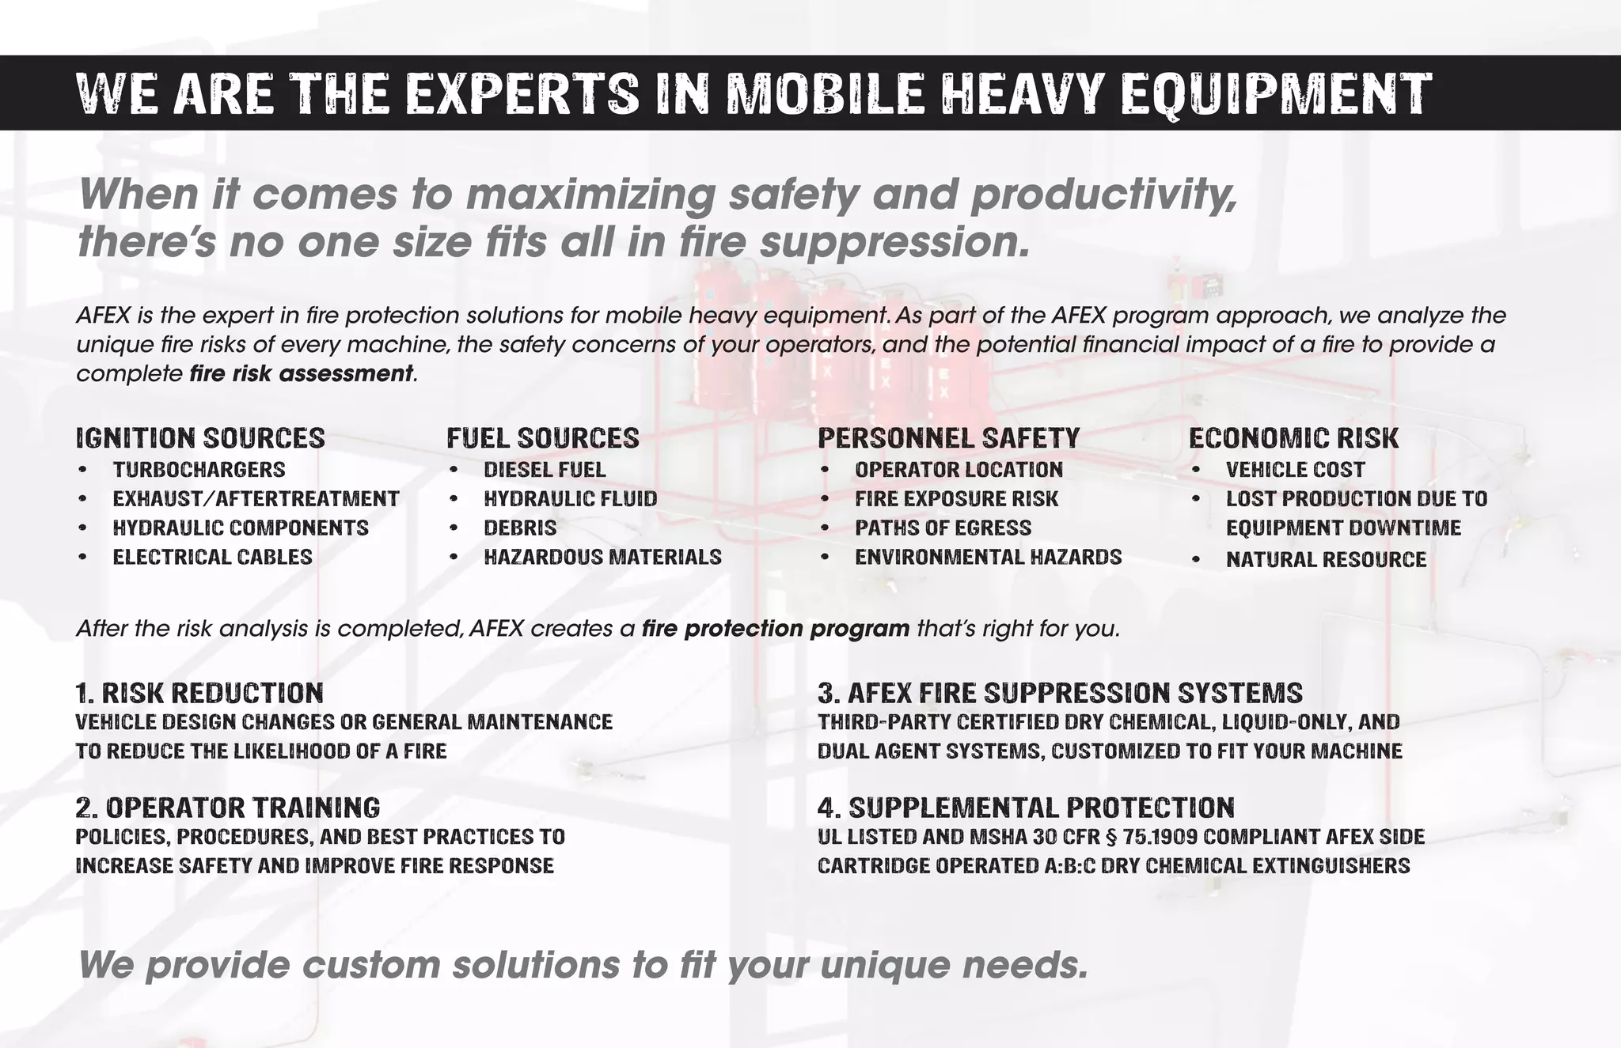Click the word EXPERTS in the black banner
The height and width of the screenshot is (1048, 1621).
[x=523, y=93]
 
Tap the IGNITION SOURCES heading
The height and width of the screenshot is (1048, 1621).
[x=200, y=438]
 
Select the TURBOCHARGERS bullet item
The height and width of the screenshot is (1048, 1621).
[x=199, y=470]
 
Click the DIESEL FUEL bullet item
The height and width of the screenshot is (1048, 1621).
[x=545, y=470]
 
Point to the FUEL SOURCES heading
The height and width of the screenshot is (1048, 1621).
[x=543, y=438]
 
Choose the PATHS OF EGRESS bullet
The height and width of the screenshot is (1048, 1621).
[x=943, y=528]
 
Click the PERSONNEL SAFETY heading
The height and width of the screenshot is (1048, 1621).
[x=948, y=438]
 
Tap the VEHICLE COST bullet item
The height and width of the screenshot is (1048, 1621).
[x=1295, y=470]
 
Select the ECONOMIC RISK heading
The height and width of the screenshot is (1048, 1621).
[x=1293, y=438]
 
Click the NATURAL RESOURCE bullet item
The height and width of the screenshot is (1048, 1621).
[x=1326, y=560]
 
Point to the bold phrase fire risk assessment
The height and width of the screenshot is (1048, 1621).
[x=302, y=373]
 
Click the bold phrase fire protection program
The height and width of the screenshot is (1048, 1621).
[x=776, y=629]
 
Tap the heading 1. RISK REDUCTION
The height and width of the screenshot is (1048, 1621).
[x=199, y=694]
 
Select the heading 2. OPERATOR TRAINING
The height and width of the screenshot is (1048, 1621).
[x=228, y=808]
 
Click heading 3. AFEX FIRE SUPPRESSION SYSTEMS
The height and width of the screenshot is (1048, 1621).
[x=1060, y=694]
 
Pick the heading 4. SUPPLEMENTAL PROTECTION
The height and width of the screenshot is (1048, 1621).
[x=1026, y=808]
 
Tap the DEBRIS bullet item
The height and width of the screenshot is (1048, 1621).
[x=520, y=528]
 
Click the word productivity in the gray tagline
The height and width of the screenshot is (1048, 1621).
[x=1103, y=195]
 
